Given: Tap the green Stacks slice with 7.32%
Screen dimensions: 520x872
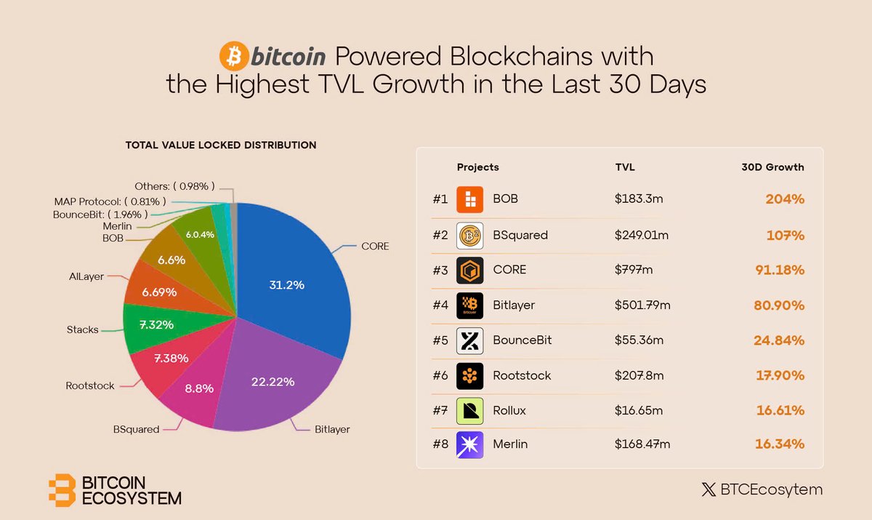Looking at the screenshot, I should tap(154, 324).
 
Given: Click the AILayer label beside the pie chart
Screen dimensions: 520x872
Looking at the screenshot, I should tap(86, 276).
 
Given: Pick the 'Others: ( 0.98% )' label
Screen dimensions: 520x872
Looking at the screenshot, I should tap(174, 187).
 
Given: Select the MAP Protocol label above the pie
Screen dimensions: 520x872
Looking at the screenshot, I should tap(110, 201).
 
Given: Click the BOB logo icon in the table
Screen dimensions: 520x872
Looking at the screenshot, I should tap(470, 199).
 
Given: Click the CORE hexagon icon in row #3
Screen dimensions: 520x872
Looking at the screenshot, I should tap(470, 270).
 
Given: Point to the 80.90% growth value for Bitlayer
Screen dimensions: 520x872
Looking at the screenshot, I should tap(779, 305).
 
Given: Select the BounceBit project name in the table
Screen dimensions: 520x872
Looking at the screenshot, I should tap(522, 340).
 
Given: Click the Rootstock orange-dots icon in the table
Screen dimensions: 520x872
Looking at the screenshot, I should tap(470, 375).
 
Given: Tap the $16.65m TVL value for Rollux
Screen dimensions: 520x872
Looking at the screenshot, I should tap(639, 411).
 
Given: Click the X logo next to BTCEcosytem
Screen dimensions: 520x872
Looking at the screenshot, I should tap(708, 489).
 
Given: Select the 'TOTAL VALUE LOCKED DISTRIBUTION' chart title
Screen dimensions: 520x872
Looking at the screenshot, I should tap(221, 145).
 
